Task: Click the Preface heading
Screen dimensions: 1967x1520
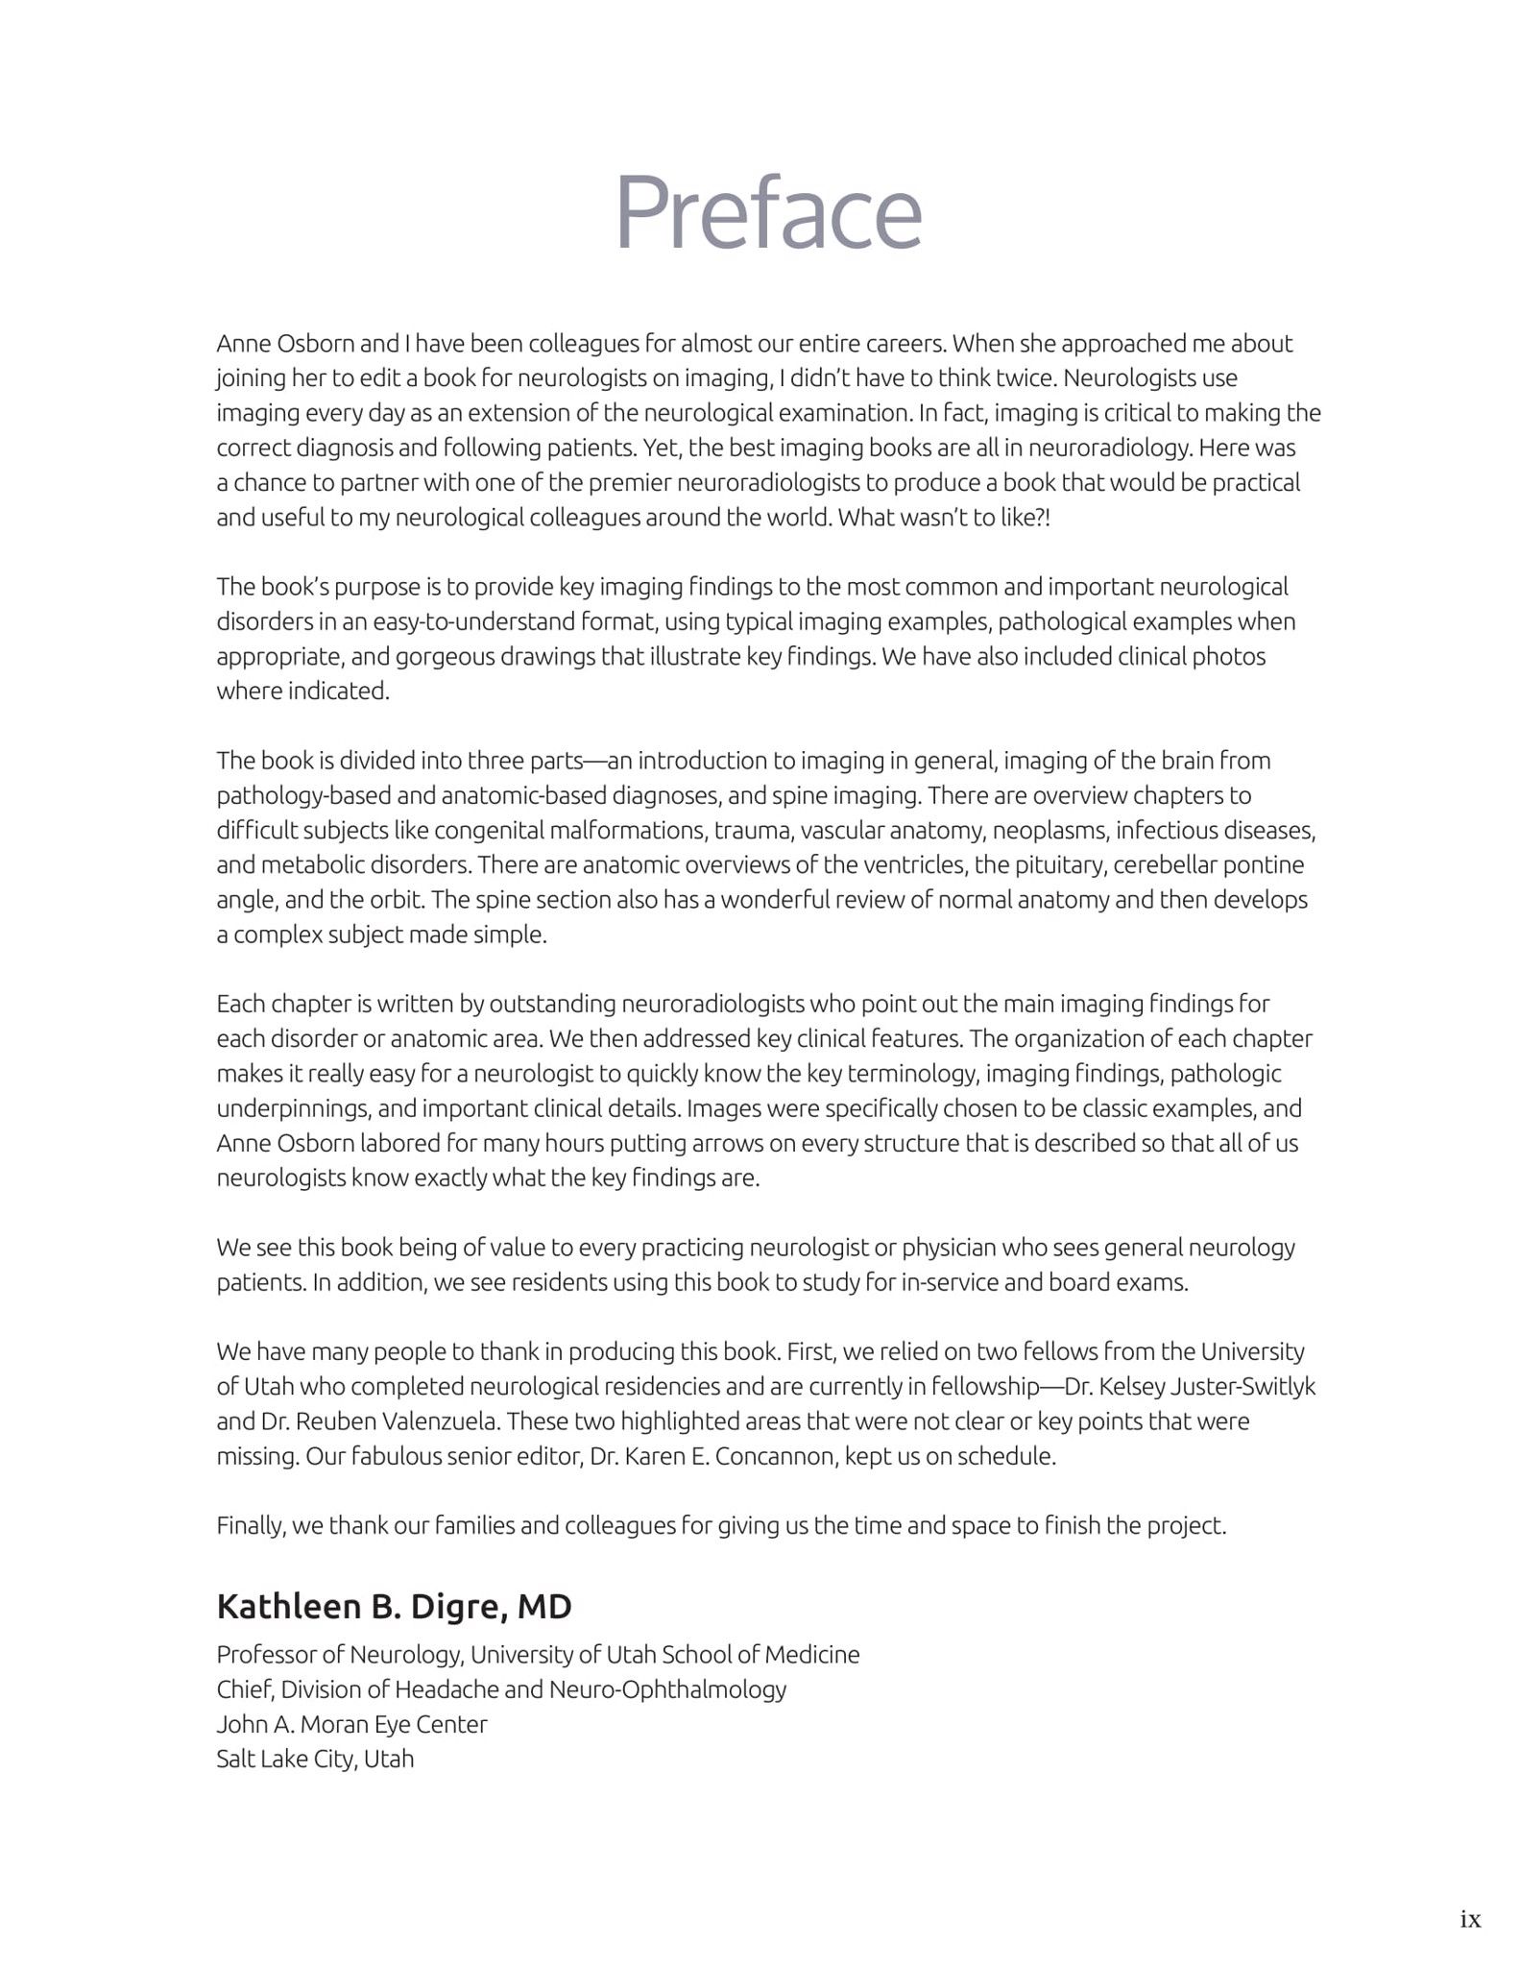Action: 767,212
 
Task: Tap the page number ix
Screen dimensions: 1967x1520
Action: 1470,1920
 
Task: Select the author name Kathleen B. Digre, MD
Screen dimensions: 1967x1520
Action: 394,1606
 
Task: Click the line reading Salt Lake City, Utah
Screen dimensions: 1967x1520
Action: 315,1759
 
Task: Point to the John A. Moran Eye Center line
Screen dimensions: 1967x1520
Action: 351,1724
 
